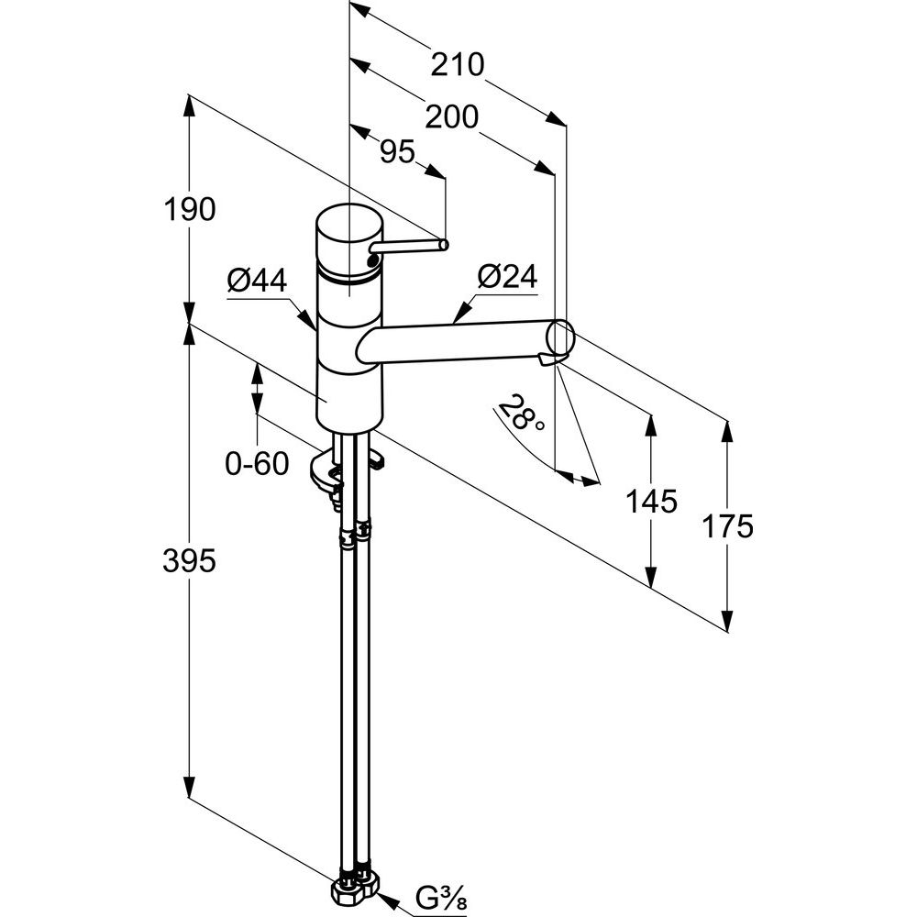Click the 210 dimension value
pos(457,65)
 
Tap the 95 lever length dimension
pos(398,152)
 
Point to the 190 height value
pos(189,210)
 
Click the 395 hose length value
pos(189,560)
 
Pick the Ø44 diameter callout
pos(255,281)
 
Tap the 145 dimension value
pos(651,501)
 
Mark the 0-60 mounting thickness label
pos(257,464)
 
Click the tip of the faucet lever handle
pos(443,245)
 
